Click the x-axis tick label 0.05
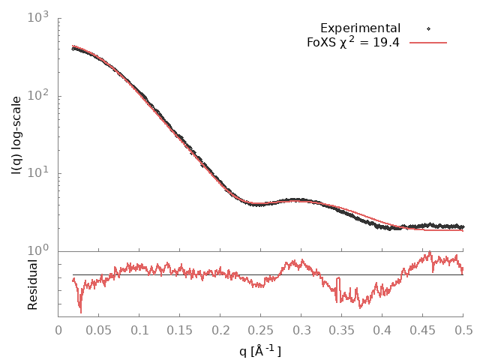pos(99,329)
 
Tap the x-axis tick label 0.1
pos(139,329)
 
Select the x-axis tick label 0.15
pos(180,329)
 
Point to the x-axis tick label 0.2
pos(220,329)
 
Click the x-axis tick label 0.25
pos(261,329)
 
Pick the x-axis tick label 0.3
pos(301,329)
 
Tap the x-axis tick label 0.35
pos(342,329)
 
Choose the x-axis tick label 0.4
pos(382,329)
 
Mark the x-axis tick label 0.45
pos(423,329)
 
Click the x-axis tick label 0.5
pos(463,329)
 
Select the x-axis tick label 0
pos(58,329)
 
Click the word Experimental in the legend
pos(360,28)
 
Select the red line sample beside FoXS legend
pos(427,42)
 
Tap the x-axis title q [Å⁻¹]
pos(260,349)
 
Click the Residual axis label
pos(33,284)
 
